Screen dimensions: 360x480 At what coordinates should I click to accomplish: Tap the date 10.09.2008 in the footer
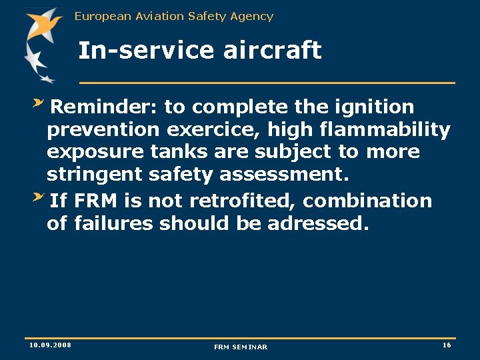click(50, 345)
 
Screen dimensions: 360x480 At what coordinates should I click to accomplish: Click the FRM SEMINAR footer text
click(240, 347)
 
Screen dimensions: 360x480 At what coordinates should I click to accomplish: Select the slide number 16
click(447, 345)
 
